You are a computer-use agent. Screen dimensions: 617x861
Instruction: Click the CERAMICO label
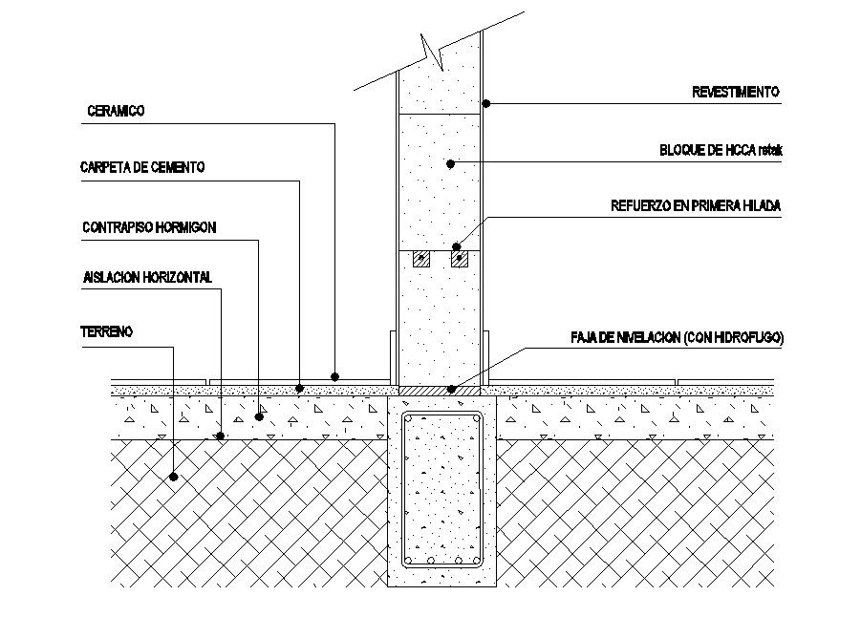[x=116, y=112]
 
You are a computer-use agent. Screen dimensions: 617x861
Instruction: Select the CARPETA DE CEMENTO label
[x=142, y=167]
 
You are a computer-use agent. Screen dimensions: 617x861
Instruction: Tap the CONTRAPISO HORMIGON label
[x=149, y=227]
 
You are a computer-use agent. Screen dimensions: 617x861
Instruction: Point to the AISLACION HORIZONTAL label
[x=147, y=278]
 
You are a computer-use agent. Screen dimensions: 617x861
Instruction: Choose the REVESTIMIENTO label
[x=735, y=93]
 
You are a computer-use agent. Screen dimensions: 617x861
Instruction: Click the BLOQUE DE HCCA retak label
[x=721, y=151]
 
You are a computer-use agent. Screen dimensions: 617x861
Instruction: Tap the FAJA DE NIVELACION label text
[x=677, y=338]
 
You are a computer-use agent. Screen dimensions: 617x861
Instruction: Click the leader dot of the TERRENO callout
[x=174, y=475]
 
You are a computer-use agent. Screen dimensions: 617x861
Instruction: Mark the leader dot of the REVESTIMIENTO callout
[x=485, y=102]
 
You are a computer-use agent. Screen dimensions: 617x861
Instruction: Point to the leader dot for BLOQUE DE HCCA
[x=450, y=164]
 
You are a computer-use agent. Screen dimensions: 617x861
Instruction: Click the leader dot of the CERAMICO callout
[x=335, y=375]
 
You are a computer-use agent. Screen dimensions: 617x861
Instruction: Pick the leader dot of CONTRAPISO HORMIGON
[x=259, y=417]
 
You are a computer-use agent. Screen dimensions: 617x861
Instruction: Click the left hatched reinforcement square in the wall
[x=420, y=259]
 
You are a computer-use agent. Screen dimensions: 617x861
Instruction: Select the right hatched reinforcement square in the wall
[x=461, y=259]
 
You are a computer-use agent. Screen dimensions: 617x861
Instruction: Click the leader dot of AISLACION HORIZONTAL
[x=221, y=436]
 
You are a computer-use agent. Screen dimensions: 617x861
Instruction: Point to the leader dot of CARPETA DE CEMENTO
[x=300, y=389]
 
